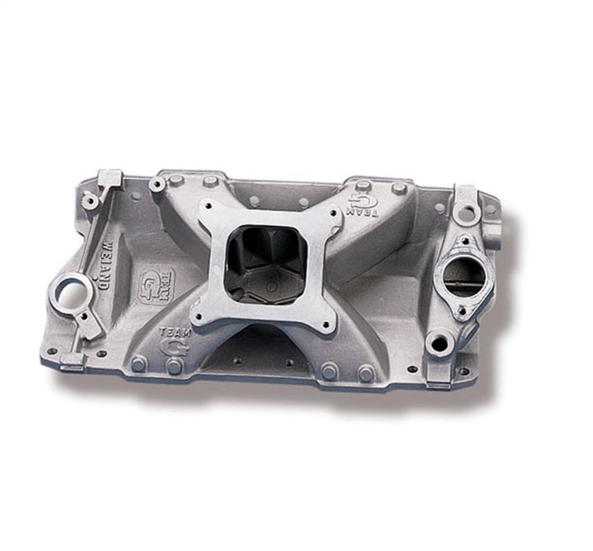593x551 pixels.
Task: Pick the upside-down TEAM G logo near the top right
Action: point(363,203)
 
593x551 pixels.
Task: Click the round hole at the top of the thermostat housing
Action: point(469,212)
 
